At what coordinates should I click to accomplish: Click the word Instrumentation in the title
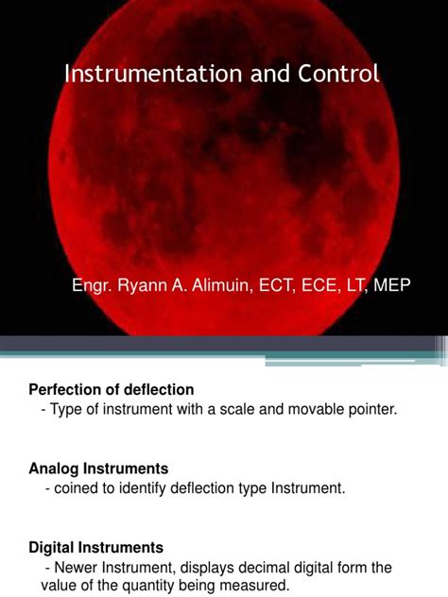[142, 75]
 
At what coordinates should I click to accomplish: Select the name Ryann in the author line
[144, 285]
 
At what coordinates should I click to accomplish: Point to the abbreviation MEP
[392, 285]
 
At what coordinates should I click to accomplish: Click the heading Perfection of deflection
[112, 389]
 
